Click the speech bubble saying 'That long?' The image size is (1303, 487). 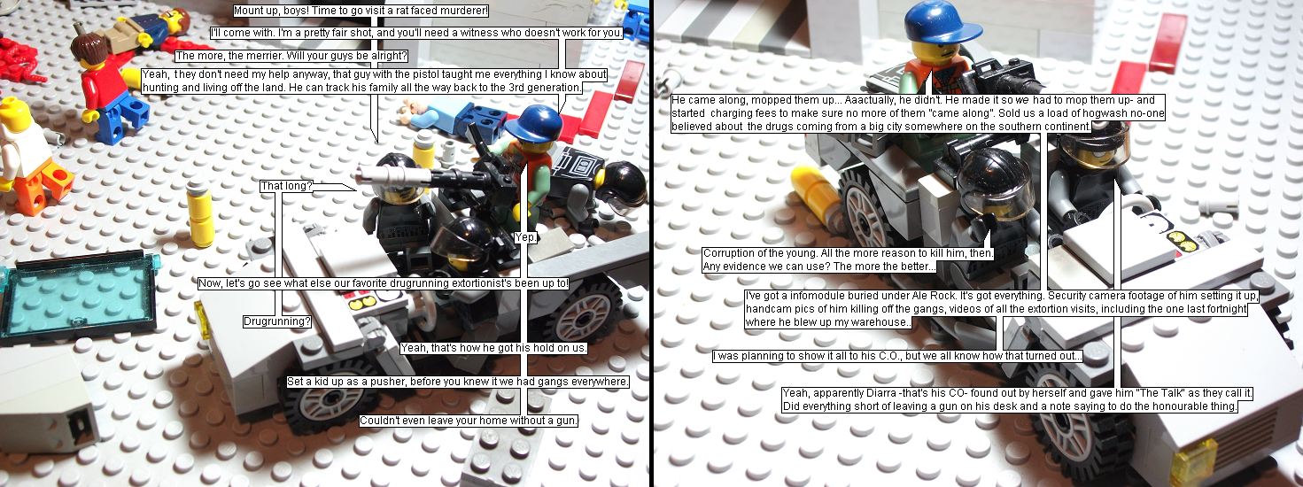coord(286,186)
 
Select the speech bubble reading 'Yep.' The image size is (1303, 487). coord(526,237)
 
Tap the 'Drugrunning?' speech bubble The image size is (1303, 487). coord(277,321)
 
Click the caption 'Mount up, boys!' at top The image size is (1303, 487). coord(361,11)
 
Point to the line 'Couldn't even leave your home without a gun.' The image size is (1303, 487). coord(469,421)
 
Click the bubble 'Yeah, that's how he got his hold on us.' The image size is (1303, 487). coord(494,348)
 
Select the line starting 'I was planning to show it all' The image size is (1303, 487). coord(897,356)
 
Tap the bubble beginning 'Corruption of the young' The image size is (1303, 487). coord(848,259)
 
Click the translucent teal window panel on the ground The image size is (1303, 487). coord(79,295)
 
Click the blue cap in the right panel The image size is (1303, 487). coord(942,22)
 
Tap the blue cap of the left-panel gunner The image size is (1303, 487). coord(534,124)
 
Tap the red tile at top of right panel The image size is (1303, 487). coord(1168,43)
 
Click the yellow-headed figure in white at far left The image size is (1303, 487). coord(23,151)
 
